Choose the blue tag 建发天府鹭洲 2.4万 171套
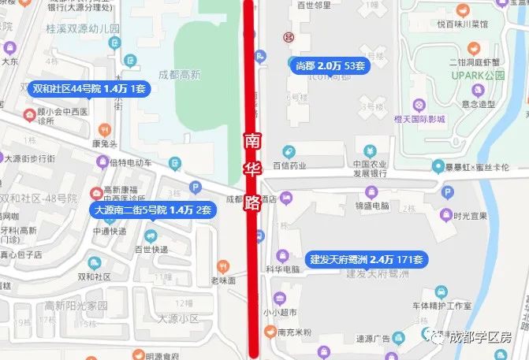click(367, 258)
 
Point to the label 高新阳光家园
click(76, 305)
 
